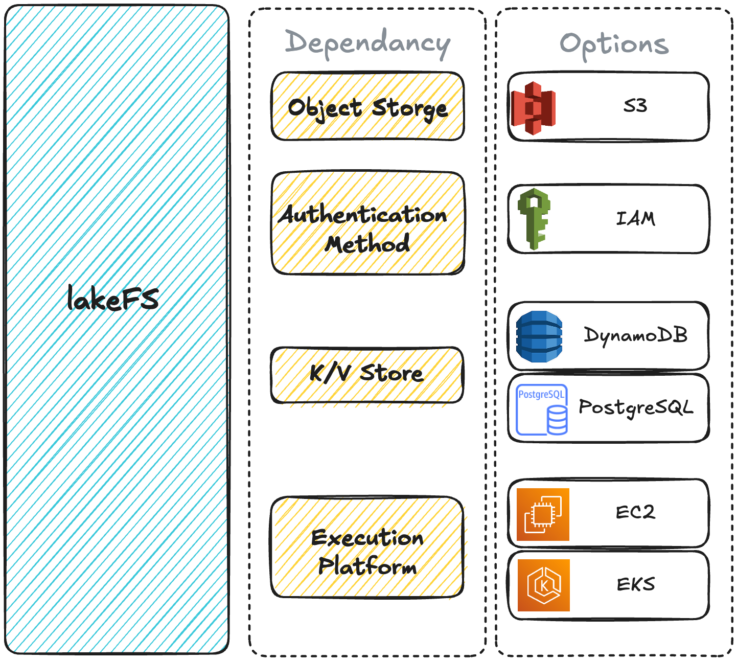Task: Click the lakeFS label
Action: [x=113, y=299]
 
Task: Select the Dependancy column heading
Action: [x=367, y=43]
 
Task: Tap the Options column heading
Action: [x=614, y=44]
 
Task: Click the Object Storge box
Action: [x=367, y=107]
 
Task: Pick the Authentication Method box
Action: [x=367, y=223]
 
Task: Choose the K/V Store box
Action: [x=366, y=374]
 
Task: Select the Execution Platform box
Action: [x=367, y=546]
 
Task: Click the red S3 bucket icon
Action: [x=534, y=108]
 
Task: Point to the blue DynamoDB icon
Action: [x=539, y=336]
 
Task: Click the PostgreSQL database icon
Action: [x=542, y=409]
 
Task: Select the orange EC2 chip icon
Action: [x=543, y=514]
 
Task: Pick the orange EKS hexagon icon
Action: [x=543, y=585]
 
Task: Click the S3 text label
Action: [x=635, y=106]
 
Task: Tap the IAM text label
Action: [x=635, y=219]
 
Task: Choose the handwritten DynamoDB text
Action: [x=636, y=335]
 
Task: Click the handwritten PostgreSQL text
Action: [x=636, y=408]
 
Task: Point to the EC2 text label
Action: [x=635, y=512]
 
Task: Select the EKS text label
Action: [x=636, y=584]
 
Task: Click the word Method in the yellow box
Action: [x=367, y=244]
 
